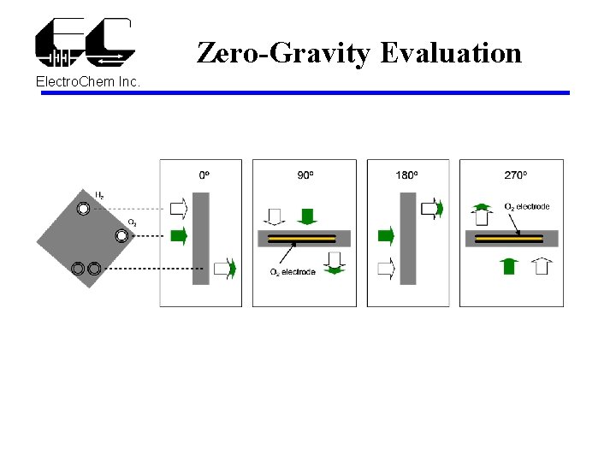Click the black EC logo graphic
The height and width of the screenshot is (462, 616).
84,41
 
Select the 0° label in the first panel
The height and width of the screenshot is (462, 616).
204,175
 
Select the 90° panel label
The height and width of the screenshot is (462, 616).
305,175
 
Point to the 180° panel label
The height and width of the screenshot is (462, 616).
407,175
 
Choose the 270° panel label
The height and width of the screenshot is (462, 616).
515,175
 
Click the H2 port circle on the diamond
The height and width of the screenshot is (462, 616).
83,209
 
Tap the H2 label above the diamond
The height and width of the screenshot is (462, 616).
100,196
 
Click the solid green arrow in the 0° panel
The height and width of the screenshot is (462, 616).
179,236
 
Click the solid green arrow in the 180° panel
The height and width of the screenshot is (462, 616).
386,234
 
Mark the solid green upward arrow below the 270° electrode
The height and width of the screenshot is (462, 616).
509,265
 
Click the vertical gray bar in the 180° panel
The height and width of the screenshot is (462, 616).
408,238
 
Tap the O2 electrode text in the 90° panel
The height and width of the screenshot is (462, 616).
293,272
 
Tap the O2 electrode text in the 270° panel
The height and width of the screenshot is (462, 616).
526,207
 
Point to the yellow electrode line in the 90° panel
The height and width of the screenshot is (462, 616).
304,238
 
